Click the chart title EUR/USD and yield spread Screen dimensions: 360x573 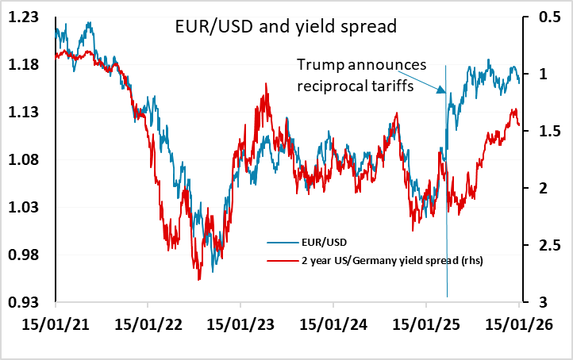pyautogui.click(x=285, y=27)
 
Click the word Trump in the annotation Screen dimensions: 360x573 pyautogui.click(x=318, y=66)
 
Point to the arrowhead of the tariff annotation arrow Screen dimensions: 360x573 pyautogui.click(x=444, y=94)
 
